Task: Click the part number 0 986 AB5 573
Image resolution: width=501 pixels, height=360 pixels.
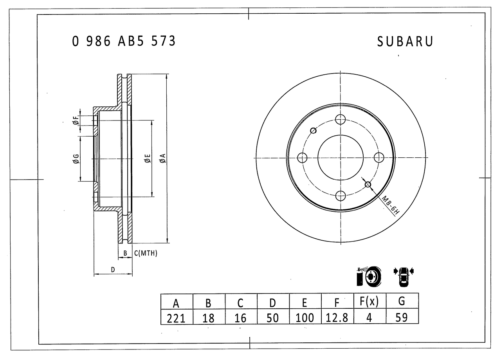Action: click(x=124, y=41)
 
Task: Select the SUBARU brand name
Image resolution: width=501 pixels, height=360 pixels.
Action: click(x=405, y=42)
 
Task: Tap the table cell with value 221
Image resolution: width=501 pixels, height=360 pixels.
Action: click(x=176, y=317)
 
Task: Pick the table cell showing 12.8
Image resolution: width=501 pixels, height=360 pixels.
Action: click(x=337, y=317)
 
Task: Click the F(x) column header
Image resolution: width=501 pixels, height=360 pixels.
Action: click(x=369, y=302)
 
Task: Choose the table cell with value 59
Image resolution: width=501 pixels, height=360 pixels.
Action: click(x=402, y=317)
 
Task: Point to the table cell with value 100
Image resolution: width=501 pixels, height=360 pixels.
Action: click(x=305, y=317)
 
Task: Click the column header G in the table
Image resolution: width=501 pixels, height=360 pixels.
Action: click(x=402, y=302)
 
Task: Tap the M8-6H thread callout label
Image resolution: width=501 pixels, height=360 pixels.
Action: click(x=390, y=206)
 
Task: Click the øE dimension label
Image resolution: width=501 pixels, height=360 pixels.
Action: click(x=147, y=158)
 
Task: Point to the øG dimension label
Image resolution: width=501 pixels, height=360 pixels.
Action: click(x=76, y=158)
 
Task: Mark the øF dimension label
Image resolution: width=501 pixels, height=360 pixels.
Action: click(x=76, y=121)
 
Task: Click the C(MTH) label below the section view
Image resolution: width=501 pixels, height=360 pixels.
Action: click(x=146, y=254)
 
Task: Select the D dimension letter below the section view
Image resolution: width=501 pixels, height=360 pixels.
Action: click(x=113, y=270)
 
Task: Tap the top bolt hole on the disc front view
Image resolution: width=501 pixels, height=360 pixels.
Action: click(x=341, y=119)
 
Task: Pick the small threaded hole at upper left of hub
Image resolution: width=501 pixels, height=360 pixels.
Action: click(x=313, y=130)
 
